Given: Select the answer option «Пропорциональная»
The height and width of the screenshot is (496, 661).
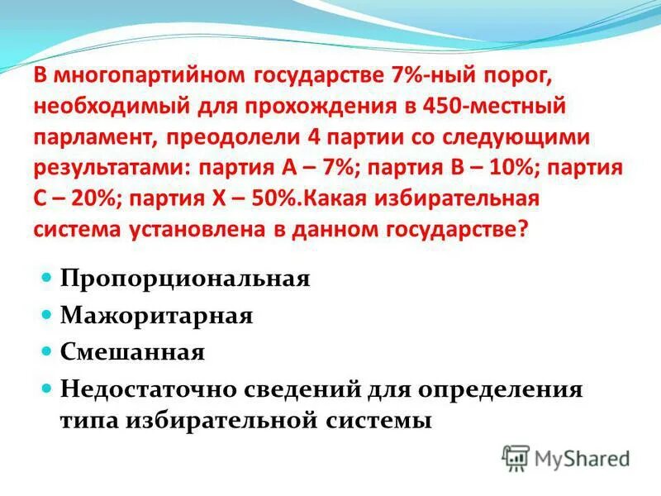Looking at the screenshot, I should pos(184,278).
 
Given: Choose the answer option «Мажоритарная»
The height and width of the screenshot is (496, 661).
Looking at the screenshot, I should pos(155,316).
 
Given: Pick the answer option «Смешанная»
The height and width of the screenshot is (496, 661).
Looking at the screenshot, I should pos(131,353).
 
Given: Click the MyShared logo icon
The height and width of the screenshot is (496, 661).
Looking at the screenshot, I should pos(516,456).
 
